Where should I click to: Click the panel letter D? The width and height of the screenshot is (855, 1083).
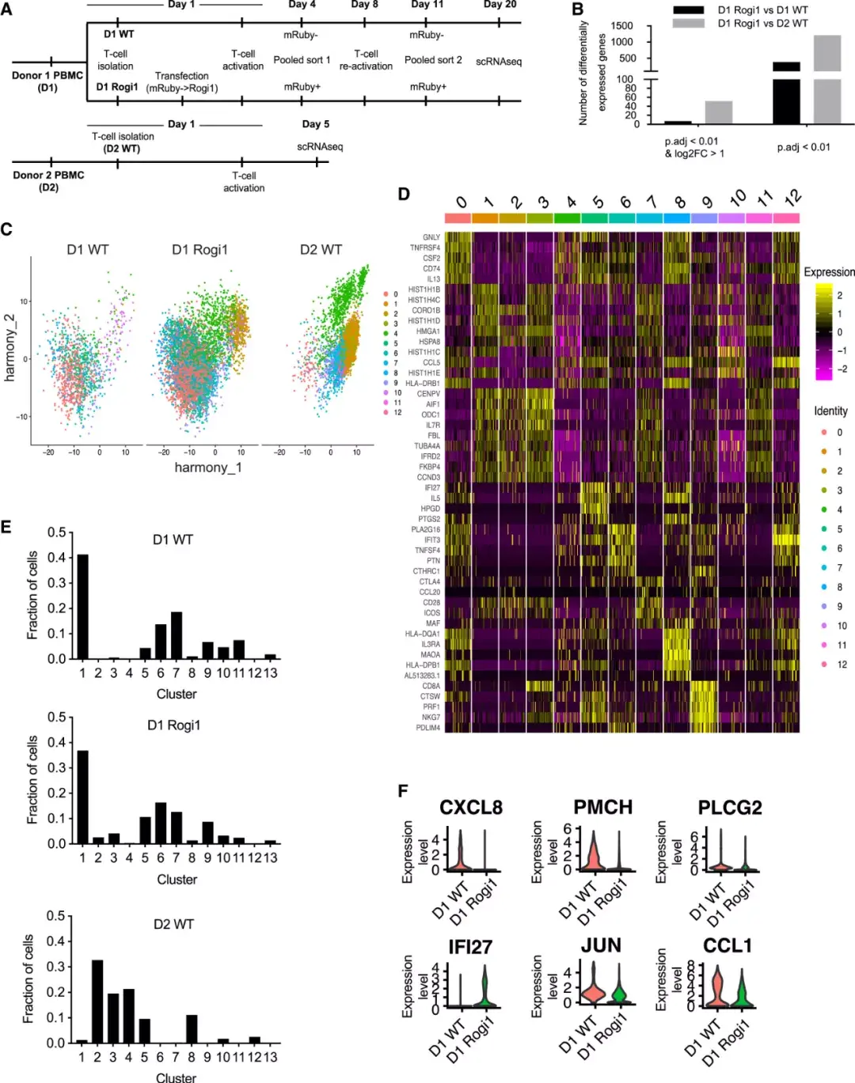pyautogui.click(x=404, y=194)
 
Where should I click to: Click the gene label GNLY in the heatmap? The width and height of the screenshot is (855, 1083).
pyautogui.click(x=431, y=237)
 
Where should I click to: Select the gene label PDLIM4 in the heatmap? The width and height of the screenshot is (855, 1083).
pyautogui.click(x=427, y=728)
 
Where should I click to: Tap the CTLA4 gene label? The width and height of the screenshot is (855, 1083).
pyautogui.click(x=429, y=582)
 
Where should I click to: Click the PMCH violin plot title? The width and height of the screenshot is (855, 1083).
pyautogui.click(x=602, y=808)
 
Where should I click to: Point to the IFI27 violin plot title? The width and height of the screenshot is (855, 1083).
pyautogui.click(x=470, y=947)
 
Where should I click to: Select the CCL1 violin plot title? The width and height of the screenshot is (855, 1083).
pyautogui.click(x=727, y=946)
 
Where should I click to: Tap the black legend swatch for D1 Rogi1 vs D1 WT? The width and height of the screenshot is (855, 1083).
pyautogui.click(x=688, y=10)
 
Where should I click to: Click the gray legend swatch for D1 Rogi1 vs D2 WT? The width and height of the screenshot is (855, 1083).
pyautogui.click(x=688, y=23)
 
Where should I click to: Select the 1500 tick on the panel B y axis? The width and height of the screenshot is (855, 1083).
pyautogui.click(x=622, y=26)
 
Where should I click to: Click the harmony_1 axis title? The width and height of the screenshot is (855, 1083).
pyautogui.click(x=208, y=468)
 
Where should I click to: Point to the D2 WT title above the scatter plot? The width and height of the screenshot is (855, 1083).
pyautogui.click(x=321, y=250)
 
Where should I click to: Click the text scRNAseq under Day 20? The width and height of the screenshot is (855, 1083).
pyautogui.click(x=499, y=62)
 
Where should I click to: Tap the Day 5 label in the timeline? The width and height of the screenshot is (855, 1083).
pyautogui.click(x=315, y=124)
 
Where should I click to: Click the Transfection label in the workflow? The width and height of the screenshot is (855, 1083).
pyautogui.click(x=182, y=76)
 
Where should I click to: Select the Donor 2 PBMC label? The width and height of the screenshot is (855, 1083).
pyautogui.click(x=48, y=176)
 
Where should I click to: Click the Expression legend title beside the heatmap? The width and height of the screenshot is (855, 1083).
pyautogui.click(x=829, y=272)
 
